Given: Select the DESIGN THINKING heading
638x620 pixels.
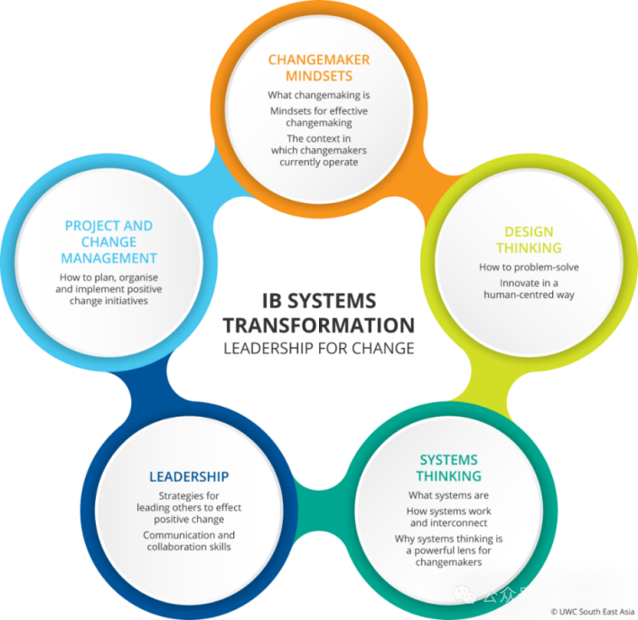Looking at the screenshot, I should (x=529, y=240).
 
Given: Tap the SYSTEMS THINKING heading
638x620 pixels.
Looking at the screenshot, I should (x=448, y=468).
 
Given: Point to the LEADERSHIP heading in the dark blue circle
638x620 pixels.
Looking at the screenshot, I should (x=189, y=476).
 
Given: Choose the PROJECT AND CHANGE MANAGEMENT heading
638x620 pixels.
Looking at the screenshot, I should (x=108, y=241).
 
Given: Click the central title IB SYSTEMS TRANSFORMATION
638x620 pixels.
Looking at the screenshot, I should (x=318, y=313).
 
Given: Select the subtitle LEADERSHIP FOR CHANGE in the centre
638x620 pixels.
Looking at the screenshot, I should (x=318, y=349).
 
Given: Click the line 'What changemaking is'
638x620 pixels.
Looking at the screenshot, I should (x=319, y=95).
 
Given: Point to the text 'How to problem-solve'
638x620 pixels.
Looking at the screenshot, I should (x=529, y=267).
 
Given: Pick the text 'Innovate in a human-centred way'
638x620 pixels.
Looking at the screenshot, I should (x=528, y=287).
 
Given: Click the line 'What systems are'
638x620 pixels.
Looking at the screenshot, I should (x=448, y=495).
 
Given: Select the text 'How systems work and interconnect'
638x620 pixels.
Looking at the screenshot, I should (x=448, y=517).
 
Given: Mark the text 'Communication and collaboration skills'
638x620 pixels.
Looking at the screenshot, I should (x=189, y=540).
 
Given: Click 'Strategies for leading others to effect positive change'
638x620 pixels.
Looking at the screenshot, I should (x=189, y=508).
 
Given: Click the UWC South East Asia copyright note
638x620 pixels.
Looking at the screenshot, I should (x=591, y=612).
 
